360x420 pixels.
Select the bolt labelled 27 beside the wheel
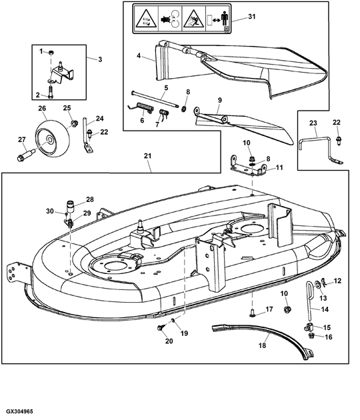pos(25,156)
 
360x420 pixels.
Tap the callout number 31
pos(251,17)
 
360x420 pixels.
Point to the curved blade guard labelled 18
pos(264,340)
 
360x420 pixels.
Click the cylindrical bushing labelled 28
pos(71,207)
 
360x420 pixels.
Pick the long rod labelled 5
pos(156,100)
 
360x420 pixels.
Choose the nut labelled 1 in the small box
pos(51,53)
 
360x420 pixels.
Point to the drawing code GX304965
pos(19,411)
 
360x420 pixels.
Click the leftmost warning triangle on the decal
pos(146,19)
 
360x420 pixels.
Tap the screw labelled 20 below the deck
pos(161,327)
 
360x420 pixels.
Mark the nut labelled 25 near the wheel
pos(73,123)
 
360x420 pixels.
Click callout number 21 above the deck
pos(147,155)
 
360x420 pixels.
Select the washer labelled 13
pos(317,285)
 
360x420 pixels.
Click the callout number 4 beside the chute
pos(139,56)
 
